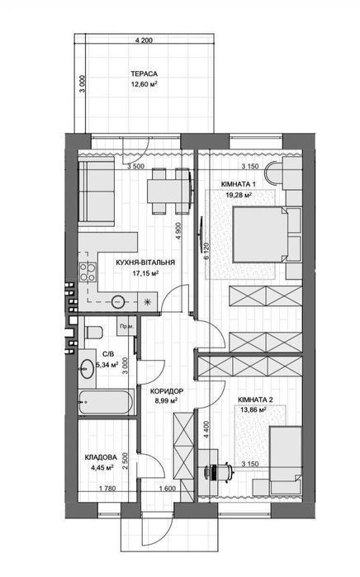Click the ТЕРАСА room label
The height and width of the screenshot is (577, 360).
[x=144, y=74]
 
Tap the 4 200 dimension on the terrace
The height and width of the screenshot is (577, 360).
[x=144, y=40]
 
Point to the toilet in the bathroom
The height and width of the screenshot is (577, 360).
[x=93, y=333]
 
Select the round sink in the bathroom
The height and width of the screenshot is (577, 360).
[x=87, y=367]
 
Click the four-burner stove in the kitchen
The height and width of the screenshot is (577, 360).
[x=88, y=272]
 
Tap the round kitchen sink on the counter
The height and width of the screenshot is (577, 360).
[x=118, y=302]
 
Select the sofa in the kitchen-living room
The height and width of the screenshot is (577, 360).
[x=96, y=193]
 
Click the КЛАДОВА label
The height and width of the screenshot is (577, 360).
[x=101, y=457]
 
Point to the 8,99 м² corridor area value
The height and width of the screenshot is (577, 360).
[x=167, y=401]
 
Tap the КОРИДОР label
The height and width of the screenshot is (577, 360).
[x=167, y=391]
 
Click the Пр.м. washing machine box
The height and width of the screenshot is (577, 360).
[x=126, y=326]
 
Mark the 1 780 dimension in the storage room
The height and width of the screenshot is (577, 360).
[x=107, y=489]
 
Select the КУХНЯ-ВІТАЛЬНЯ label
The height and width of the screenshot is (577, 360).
[x=145, y=262]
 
